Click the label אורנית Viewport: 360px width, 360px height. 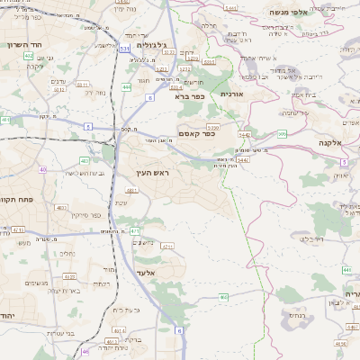coord(231,94)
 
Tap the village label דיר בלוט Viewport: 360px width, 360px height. coord(310,238)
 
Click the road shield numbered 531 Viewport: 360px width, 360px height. coord(124,49)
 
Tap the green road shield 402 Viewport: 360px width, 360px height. coord(29,56)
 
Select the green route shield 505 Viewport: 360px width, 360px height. coord(282,134)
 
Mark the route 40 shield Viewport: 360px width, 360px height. coord(42,169)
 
